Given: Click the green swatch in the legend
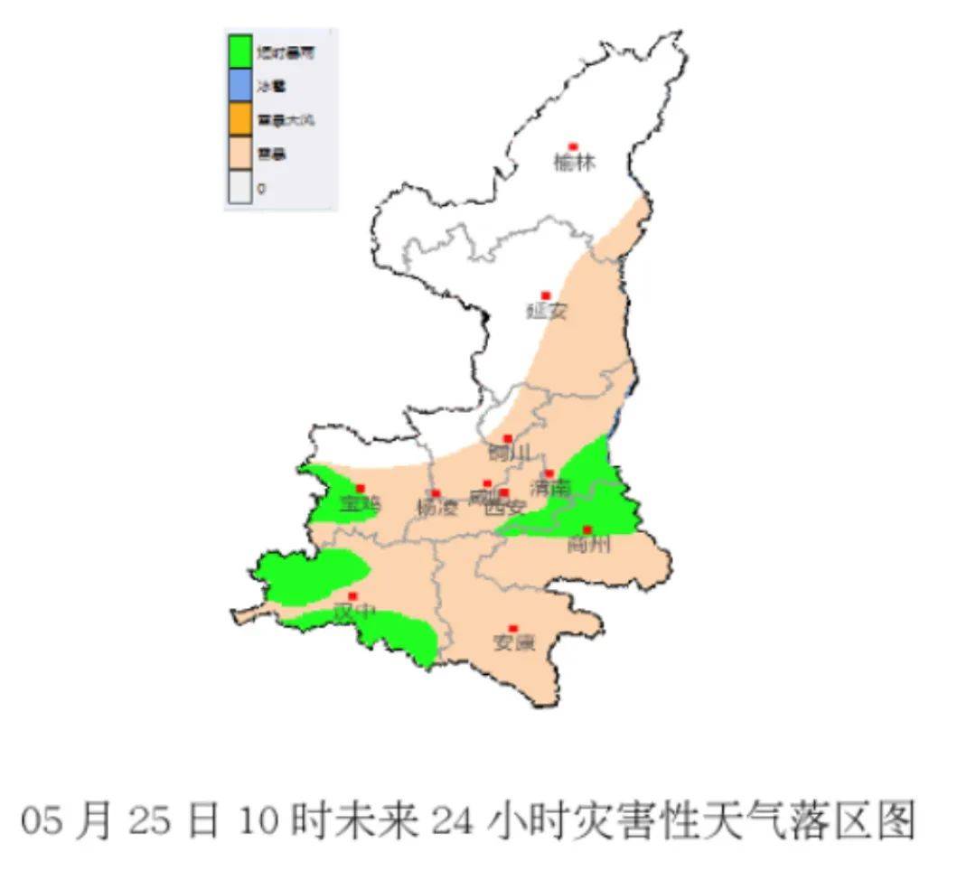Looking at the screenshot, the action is point(239,52).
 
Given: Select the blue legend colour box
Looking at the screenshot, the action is point(239,86).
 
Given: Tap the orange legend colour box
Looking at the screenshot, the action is point(239,119).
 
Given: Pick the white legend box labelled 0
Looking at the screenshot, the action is point(239,188).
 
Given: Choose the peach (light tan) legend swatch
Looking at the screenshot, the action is point(239,154).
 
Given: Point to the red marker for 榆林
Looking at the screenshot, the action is point(572,146).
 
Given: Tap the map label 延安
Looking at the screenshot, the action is point(547,312).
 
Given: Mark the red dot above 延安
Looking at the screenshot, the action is point(546,295).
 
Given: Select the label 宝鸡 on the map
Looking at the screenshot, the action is point(360,505).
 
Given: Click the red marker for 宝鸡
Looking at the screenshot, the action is point(361,488).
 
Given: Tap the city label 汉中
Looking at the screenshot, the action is point(354,613).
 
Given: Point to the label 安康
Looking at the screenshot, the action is point(513,643).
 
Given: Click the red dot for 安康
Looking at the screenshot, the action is point(513,628).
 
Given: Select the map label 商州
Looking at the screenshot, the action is point(588,545).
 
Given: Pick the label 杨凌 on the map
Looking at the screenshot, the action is point(437,508).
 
